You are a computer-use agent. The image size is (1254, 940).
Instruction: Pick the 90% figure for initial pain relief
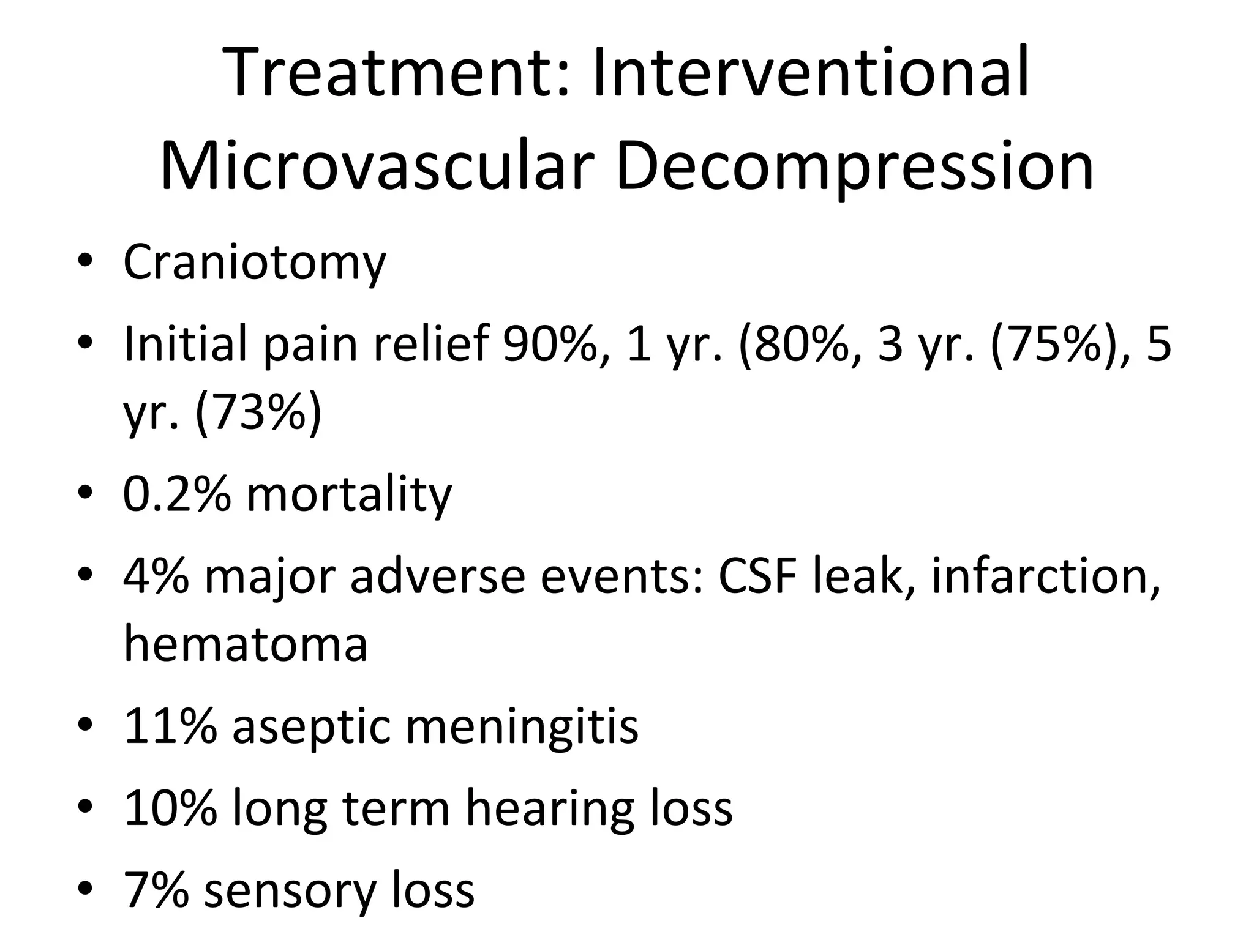(549, 344)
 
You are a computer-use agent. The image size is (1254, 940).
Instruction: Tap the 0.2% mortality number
(177, 494)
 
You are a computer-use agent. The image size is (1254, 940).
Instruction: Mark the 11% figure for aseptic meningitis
(170, 726)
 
